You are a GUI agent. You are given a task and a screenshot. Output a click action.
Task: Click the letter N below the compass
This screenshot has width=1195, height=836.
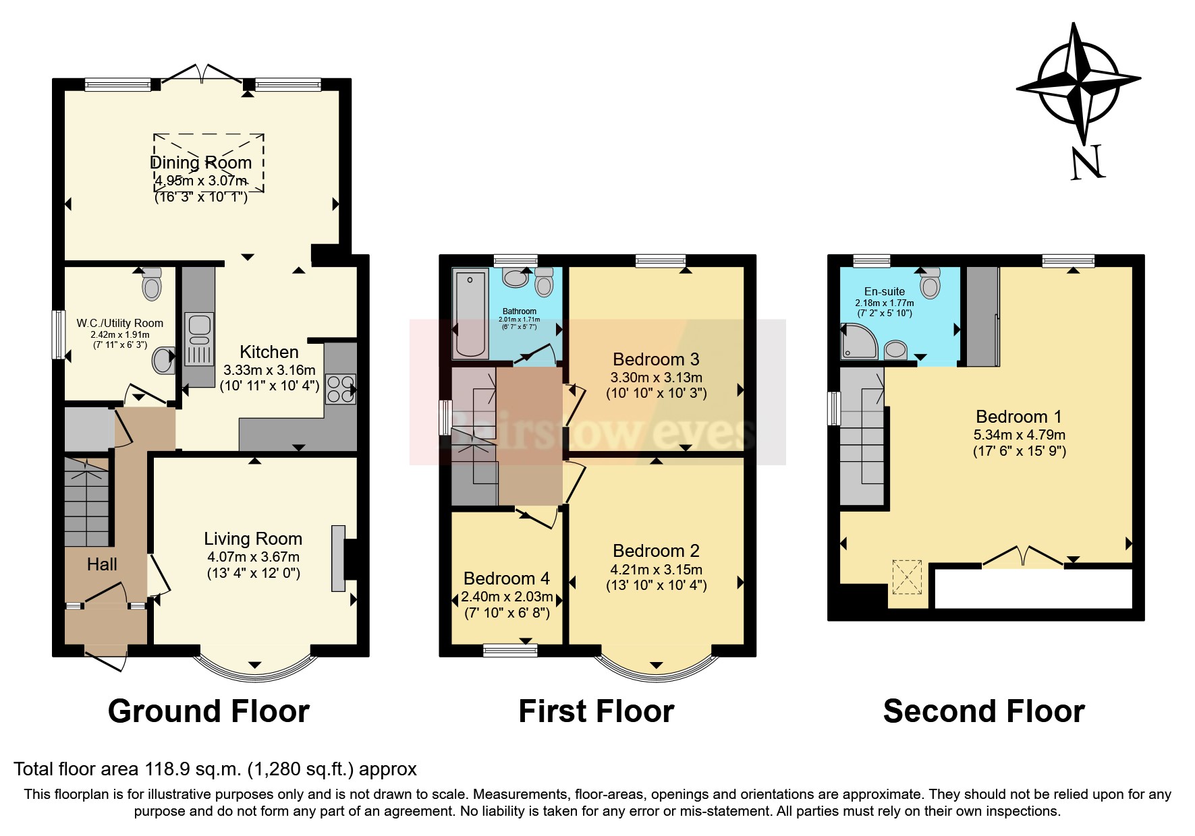coord(1086,162)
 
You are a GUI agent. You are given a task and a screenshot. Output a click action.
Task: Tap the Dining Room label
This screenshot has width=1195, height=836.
coord(200,162)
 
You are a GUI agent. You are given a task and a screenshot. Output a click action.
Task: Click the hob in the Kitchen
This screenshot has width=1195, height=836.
coord(340,388)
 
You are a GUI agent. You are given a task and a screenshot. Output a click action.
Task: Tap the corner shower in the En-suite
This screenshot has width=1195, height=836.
coord(858,342)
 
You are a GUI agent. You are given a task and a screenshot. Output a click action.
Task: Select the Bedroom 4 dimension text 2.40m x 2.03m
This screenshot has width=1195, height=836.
coord(507,597)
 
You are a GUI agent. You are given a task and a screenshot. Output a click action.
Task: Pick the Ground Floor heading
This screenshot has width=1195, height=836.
coord(209,712)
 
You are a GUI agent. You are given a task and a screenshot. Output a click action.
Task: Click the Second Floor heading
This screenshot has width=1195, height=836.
coord(983,712)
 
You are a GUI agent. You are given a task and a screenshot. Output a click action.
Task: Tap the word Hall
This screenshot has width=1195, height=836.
coord(102,564)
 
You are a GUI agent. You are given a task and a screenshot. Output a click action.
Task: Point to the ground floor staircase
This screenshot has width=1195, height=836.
coord(86,502)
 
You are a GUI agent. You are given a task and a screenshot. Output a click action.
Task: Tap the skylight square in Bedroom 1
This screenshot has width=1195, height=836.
coord(907,577)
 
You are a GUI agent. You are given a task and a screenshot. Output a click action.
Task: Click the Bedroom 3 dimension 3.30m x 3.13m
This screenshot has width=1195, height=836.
coord(656,378)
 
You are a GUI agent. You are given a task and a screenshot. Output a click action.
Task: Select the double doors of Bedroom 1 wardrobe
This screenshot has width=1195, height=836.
coord(1024,557)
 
